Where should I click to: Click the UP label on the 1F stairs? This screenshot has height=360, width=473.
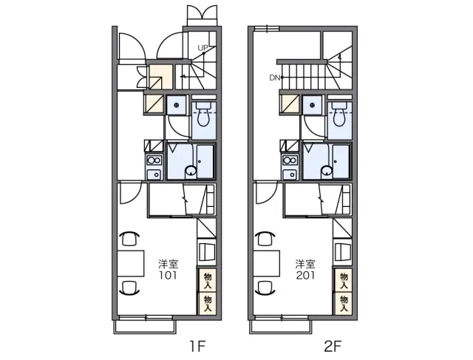(203, 47)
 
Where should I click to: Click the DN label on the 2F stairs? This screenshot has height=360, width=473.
(274, 78)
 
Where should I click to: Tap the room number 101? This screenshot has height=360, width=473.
(169, 275)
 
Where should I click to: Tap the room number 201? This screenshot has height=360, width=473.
(305, 275)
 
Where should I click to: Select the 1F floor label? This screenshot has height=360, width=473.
(197, 346)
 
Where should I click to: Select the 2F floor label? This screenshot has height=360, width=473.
(333, 346)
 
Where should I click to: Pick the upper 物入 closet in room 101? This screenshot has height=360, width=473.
(208, 280)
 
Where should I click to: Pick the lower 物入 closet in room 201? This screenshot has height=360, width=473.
(344, 304)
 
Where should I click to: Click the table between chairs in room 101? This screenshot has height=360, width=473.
(131, 263)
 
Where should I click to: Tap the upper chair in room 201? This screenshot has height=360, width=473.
(265, 238)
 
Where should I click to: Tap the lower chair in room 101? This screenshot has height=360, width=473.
(130, 288)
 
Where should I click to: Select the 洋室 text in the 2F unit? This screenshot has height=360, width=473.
(305, 264)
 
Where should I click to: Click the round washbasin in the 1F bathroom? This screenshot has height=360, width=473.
(191, 171)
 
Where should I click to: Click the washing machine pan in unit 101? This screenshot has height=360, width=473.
(176, 105)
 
